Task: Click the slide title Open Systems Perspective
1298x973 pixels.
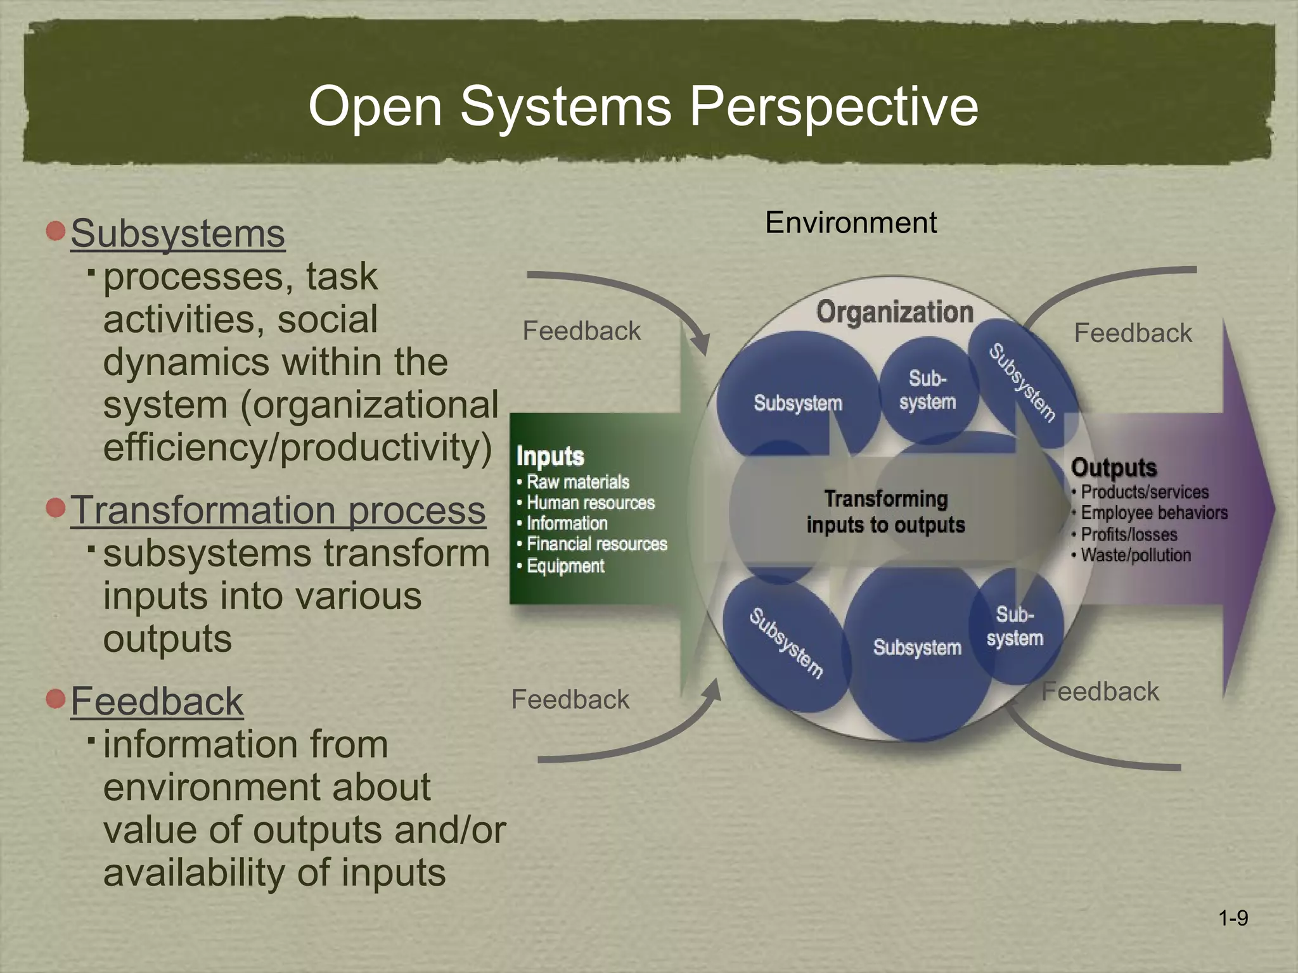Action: [643, 106]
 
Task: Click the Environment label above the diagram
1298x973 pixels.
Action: [850, 222]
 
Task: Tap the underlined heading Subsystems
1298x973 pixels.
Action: [177, 234]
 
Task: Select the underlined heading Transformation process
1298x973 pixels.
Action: [278, 510]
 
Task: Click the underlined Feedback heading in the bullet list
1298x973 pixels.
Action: [157, 701]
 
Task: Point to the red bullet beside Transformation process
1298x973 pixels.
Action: [56, 507]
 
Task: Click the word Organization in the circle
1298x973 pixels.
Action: [894, 312]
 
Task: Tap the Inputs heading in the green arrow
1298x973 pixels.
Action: [549, 456]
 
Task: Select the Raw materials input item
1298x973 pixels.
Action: [577, 482]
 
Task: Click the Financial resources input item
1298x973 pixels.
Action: [596, 544]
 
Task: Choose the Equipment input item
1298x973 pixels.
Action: [565, 566]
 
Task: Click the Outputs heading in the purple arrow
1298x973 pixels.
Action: [1114, 467]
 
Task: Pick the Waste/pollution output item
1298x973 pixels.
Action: [1135, 556]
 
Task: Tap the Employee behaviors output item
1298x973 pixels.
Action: [1153, 512]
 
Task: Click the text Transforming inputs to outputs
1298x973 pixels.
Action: [885, 512]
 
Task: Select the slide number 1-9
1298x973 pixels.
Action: [1233, 918]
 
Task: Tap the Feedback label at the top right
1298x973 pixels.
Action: [1133, 333]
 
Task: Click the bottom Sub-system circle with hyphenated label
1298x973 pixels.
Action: [1015, 626]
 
